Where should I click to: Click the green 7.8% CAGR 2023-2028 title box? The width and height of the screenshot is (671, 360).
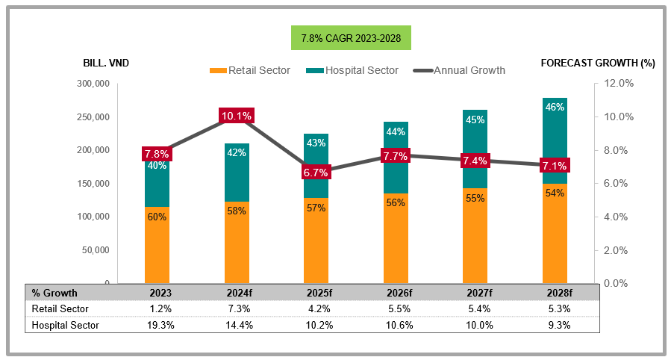pyautogui.click(x=351, y=37)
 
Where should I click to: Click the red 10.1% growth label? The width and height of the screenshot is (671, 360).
pyautogui.click(x=237, y=116)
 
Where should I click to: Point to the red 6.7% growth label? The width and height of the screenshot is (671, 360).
pyautogui.click(x=316, y=173)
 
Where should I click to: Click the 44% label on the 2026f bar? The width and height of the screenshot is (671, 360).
pyautogui.click(x=396, y=132)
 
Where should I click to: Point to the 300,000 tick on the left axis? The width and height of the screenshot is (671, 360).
pyautogui.click(x=93, y=84)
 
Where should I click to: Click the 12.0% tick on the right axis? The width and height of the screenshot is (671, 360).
pyautogui.click(x=618, y=84)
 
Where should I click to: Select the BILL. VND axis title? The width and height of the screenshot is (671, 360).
pyautogui.click(x=106, y=63)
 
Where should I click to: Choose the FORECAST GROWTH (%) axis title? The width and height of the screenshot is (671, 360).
pyautogui.click(x=597, y=63)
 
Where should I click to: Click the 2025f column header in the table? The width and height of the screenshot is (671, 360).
pyautogui.click(x=316, y=293)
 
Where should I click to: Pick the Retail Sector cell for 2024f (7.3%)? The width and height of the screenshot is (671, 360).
pyautogui.click(x=237, y=308)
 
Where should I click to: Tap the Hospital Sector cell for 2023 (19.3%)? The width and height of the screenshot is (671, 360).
pyautogui.click(x=157, y=325)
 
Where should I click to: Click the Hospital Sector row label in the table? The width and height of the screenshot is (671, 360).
pyautogui.click(x=65, y=325)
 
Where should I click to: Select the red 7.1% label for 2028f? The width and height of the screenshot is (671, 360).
pyautogui.click(x=555, y=166)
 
